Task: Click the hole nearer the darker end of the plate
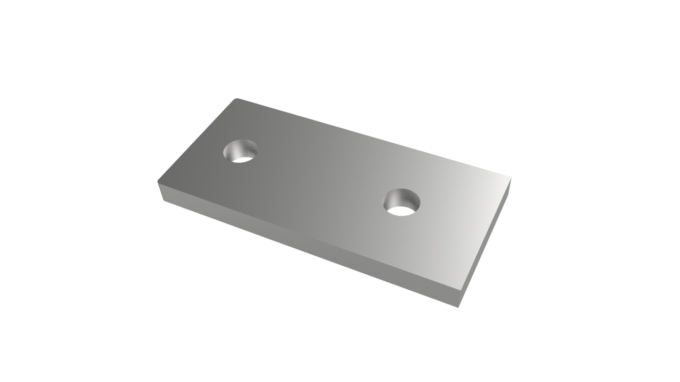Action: point(240,151)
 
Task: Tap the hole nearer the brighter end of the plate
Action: point(401,202)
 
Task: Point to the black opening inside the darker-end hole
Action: point(243,158)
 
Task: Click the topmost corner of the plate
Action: point(236,98)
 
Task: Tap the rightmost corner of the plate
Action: point(511,177)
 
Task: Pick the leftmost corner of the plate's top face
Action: point(157,182)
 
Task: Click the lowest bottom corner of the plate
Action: point(458,307)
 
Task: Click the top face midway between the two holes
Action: point(321,177)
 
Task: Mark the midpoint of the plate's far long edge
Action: point(374,137)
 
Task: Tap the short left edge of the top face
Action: point(197,140)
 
